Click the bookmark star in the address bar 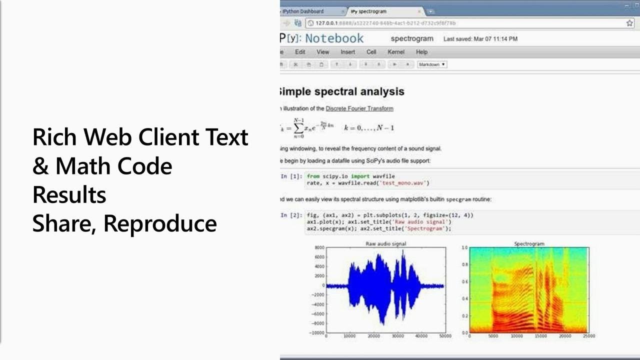pos(629,23)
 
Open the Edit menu pos(300,52)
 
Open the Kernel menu pos(396,52)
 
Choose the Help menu pos(421,52)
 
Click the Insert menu pos(347,52)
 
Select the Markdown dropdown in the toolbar pos(432,64)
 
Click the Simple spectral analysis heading pos(341,91)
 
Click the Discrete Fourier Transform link pos(359,108)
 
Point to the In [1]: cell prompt pos(291,176)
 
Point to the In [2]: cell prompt pos(291,215)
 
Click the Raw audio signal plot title pos(385,244)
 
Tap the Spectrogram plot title pos(529,244)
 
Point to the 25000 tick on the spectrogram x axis pos(588,336)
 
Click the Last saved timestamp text pos(480,38)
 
